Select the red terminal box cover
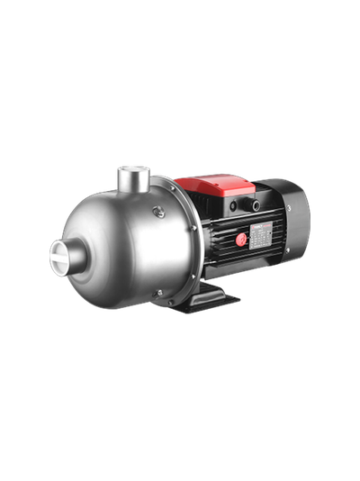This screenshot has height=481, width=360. click(x=216, y=186)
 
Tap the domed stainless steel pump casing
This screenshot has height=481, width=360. click(x=117, y=243)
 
